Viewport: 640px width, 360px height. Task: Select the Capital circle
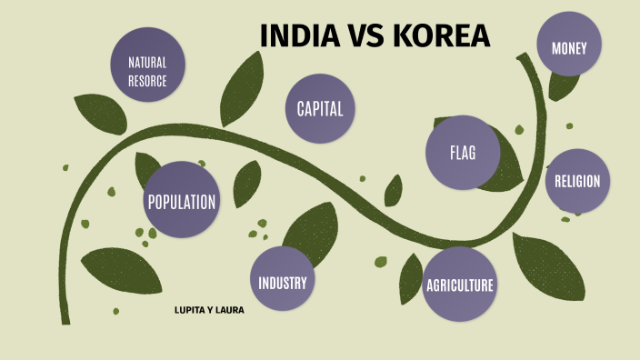[320, 109]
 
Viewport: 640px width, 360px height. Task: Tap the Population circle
[182, 201]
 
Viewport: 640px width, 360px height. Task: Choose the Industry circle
[283, 282]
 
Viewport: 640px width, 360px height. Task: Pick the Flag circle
[463, 153]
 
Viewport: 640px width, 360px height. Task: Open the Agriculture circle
[460, 285]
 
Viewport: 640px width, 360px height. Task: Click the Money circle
[575, 48]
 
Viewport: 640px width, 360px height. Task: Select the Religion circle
[577, 181]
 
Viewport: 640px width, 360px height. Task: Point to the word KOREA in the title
[443, 35]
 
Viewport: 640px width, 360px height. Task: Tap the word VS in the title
[365, 35]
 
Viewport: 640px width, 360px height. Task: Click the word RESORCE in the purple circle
[147, 80]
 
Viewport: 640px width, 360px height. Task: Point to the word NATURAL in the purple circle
[147, 63]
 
